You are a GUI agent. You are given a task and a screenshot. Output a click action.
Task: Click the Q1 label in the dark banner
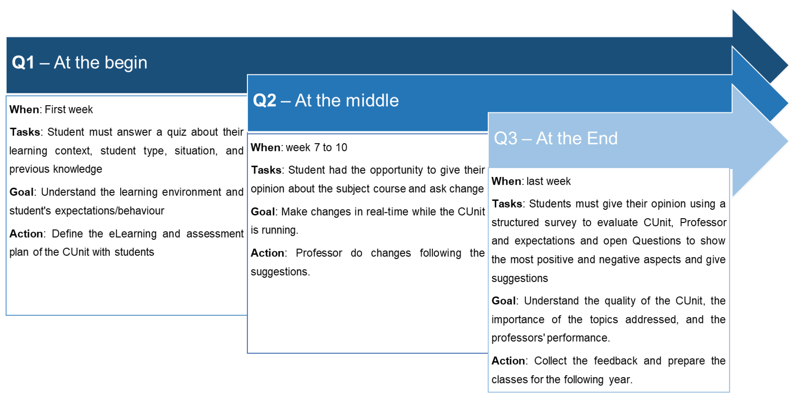tap(23, 63)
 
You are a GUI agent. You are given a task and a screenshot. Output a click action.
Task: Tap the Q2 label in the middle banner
tap(264, 100)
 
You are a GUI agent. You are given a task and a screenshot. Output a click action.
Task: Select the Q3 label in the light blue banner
tap(506, 138)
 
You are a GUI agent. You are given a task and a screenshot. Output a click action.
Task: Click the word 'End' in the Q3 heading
tap(602, 138)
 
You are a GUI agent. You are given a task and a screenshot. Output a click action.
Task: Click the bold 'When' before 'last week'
tap(506, 181)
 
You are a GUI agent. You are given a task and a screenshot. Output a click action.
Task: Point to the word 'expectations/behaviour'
tap(109, 211)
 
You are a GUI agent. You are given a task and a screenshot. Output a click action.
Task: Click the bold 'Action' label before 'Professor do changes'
tap(267, 253)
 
